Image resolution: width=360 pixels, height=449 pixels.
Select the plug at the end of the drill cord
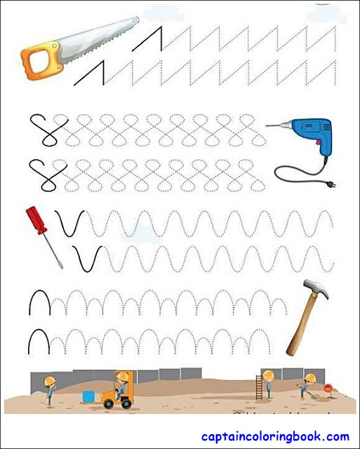[330, 185]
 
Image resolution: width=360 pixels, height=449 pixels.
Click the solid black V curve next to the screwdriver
[70, 224]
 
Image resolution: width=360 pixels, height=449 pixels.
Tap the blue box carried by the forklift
[90, 396]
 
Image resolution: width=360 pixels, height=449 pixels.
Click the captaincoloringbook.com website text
[275, 436]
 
